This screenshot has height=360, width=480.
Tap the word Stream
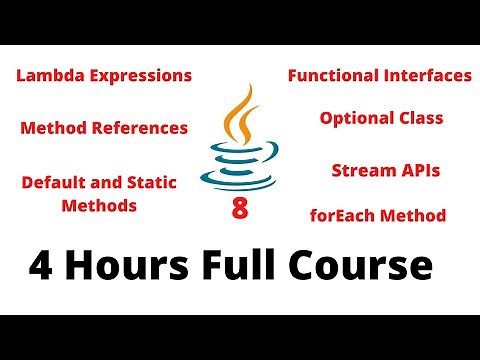361,170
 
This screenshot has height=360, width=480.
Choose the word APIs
418,170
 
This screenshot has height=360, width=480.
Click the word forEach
346,215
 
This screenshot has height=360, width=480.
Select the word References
140,128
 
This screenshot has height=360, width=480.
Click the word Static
153,183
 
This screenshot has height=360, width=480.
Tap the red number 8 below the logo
239,209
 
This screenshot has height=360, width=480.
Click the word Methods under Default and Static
99,206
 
